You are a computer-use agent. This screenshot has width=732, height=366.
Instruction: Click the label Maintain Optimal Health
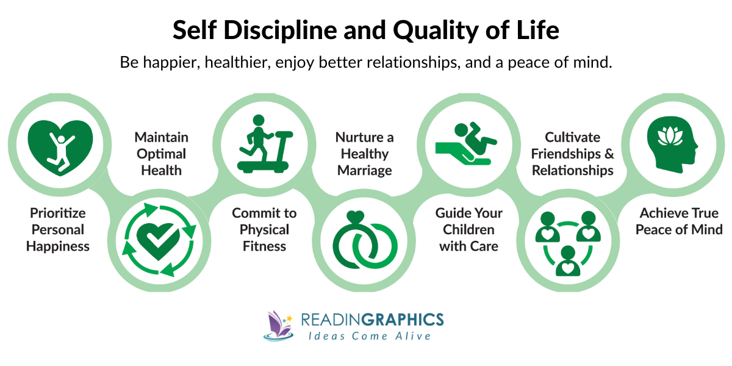[x=161, y=154]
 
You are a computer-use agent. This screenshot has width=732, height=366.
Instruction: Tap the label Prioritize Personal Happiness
[x=58, y=230]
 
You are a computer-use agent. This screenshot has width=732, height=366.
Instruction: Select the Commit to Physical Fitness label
[x=264, y=230]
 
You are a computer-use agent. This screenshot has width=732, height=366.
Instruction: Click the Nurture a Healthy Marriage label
[x=364, y=154]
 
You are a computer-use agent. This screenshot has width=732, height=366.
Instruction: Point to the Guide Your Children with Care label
[x=468, y=230]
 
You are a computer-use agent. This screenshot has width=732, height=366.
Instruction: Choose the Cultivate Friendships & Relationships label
[x=572, y=154]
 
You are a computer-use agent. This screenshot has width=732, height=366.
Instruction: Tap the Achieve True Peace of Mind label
[x=678, y=221]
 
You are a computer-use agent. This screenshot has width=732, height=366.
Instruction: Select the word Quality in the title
[x=423, y=30]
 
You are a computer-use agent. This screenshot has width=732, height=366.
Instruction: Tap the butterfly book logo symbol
[x=279, y=325]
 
